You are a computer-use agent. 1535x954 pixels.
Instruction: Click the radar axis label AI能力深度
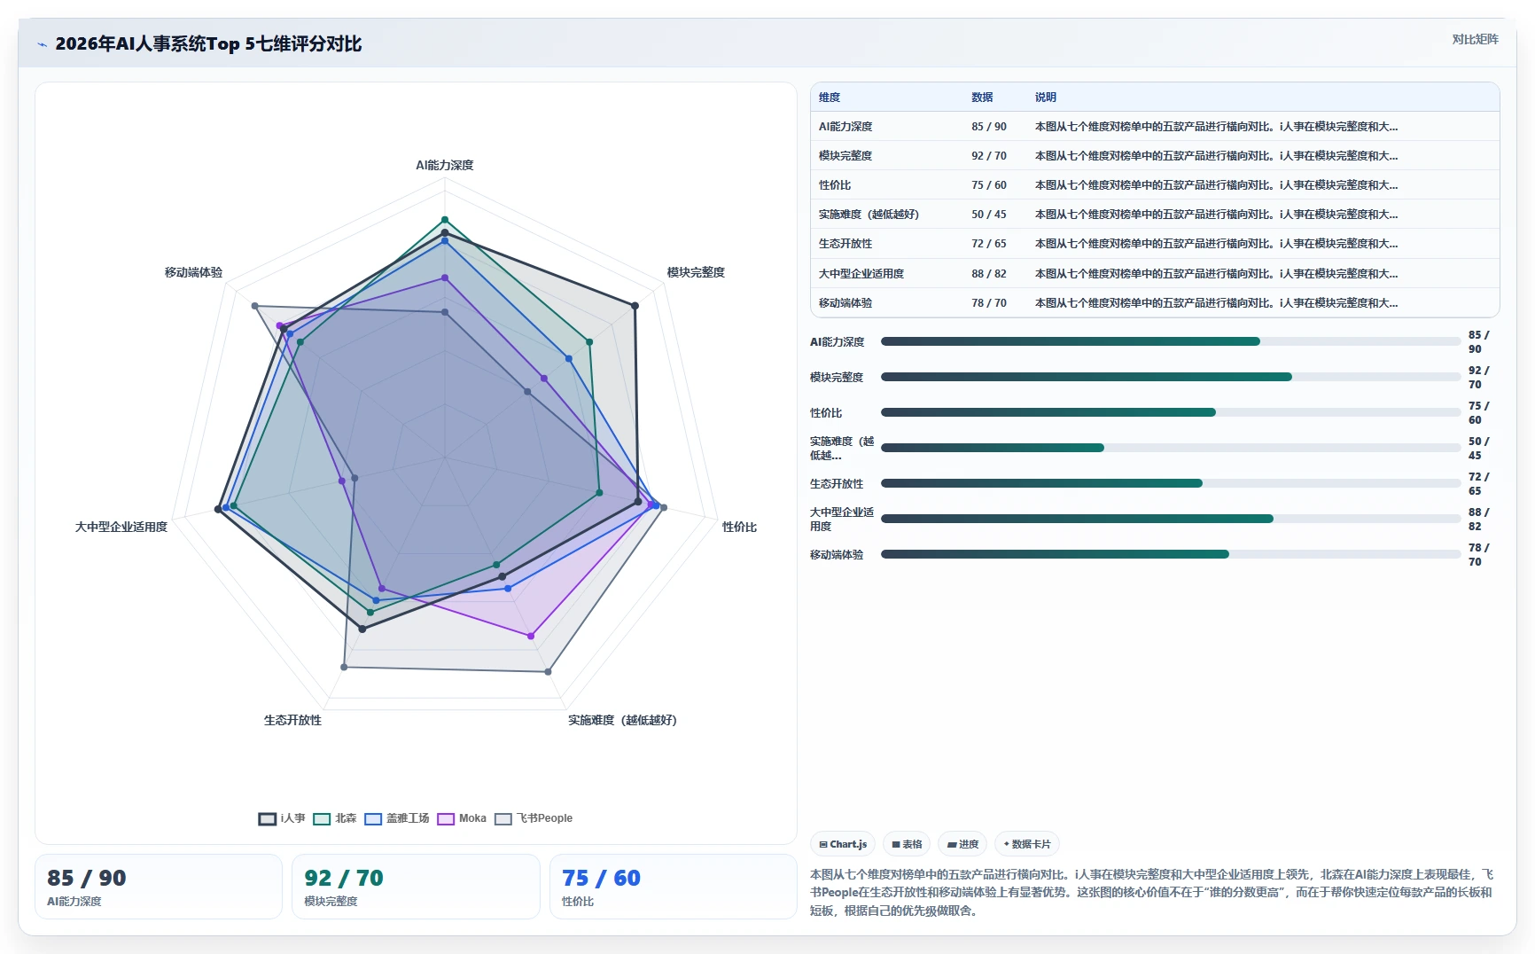445,165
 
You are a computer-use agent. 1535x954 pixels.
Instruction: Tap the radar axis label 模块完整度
696,272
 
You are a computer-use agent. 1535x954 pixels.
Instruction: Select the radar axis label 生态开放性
292,720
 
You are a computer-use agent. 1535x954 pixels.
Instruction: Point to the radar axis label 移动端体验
193,272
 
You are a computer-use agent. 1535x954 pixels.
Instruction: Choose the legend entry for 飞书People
534,818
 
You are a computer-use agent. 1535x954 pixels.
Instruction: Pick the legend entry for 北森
335,818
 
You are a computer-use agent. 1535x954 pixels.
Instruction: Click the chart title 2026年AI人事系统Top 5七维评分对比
208,43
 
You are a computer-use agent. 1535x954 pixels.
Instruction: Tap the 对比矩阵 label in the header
1475,39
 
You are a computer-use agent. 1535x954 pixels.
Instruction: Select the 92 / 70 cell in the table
989,155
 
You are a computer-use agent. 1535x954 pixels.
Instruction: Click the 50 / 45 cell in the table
989,214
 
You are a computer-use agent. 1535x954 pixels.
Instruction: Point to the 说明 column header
1046,97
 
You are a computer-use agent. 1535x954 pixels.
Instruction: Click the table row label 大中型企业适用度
861,273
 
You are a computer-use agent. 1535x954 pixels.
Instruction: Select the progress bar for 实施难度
1171,448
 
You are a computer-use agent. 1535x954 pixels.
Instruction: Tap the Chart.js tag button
843,844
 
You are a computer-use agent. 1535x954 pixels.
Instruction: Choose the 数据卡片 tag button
1027,844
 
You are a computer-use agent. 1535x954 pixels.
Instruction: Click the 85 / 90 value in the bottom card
87,878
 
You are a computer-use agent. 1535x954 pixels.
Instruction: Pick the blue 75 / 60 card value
601,878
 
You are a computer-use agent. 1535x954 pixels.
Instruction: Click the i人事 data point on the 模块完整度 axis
635,306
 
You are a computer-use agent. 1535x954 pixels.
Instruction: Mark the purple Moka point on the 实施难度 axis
531,636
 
